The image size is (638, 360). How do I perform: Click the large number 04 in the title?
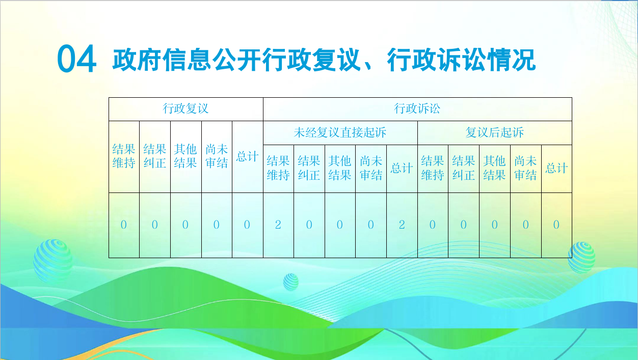pyautogui.click(x=76, y=59)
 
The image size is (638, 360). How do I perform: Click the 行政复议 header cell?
pyautogui.click(x=185, y=108)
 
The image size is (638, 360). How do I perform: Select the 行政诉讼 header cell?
pyautogui.click(x=417, y=108)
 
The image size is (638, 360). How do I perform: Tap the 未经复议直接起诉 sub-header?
pyautogui.click(x=340, y=132)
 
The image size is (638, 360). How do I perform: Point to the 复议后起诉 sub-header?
pyautogui.click(x=494, y=132)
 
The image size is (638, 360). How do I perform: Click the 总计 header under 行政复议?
pyautogui.click(x=247, y=156)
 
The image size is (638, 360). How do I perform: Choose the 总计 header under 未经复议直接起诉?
pyautogui.click(x=402, y=168)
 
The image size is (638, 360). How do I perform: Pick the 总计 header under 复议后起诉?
pyautogui.click(x=556, y=168)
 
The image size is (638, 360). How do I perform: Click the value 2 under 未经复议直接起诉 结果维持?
pyautogui.click(x=278, y=225)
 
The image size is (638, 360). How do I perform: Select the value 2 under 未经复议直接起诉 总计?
pyautogui.click(x=402, y=225)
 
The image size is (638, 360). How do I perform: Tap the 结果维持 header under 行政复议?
pyautogui.click(x=124, y=156)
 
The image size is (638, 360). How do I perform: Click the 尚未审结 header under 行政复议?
pyautogui.click(x=217, y=156)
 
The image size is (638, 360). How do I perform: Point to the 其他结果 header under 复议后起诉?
pyautogui.click(x=494, y=168)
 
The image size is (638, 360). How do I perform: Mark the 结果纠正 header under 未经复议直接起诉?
pyautogui.click(x=309, y=168)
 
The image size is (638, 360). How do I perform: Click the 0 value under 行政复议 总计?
pyautogui.click(x=247, y=225)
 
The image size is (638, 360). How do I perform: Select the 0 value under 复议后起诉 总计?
pyautogui.click(x=556, y=225)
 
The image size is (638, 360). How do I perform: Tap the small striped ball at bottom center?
pyautogui.click(x=291, y=282)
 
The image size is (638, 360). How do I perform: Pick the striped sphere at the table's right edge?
pyautogui.click(x=581, y=258)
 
